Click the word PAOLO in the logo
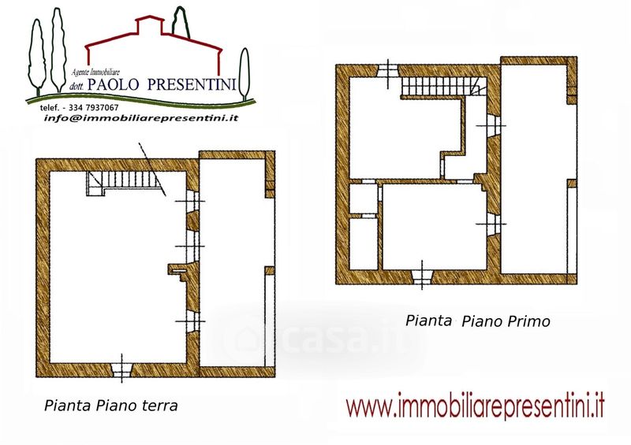(x=114, y=84)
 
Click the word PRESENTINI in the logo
(x=191, y=84)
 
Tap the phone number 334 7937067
(x=93, y=108)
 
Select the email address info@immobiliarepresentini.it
(x=141, y=118)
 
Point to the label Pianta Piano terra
(x=110, y=406)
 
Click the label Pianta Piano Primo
(x=478, y=321)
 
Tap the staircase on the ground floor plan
(x=123, y=183)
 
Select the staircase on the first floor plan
(x=443, y=86)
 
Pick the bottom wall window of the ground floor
(x=122, y=370)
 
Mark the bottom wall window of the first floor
(x=422, y=277)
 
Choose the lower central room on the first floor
(x=435, y=226)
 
